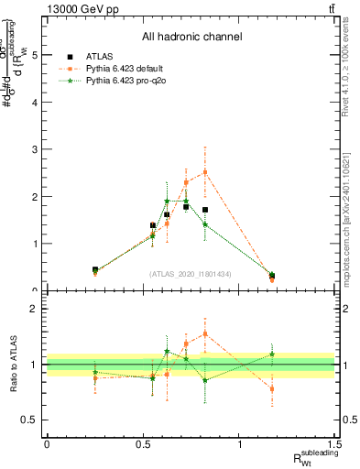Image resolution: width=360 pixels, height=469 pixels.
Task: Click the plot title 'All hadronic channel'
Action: [191, 38]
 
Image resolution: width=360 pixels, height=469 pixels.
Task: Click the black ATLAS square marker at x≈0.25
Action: [95, 269]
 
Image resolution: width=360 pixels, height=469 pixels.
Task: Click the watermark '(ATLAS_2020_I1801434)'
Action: [191, 274]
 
